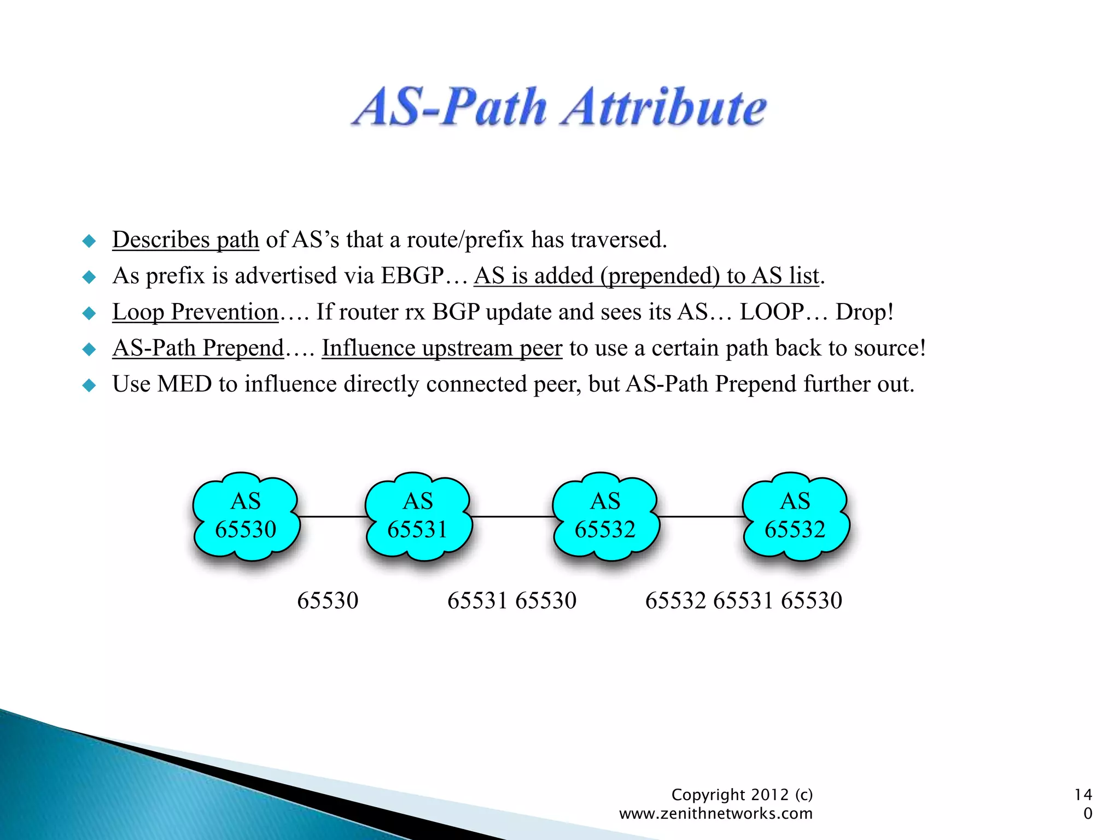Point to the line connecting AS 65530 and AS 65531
[332, 516]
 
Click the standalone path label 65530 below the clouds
[328, 600]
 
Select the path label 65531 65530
[512, 600]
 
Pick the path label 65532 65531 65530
[743, 600]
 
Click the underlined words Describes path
[185, 240]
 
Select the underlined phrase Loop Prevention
[195, 312]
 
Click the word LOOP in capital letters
[771, 312]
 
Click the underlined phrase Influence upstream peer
[441, 348]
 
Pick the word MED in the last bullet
[184, 384]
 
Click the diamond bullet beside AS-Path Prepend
[89, 349]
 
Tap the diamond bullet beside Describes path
[89, 241]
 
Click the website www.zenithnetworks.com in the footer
[715, 814]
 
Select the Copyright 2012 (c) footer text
[742, 795]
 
